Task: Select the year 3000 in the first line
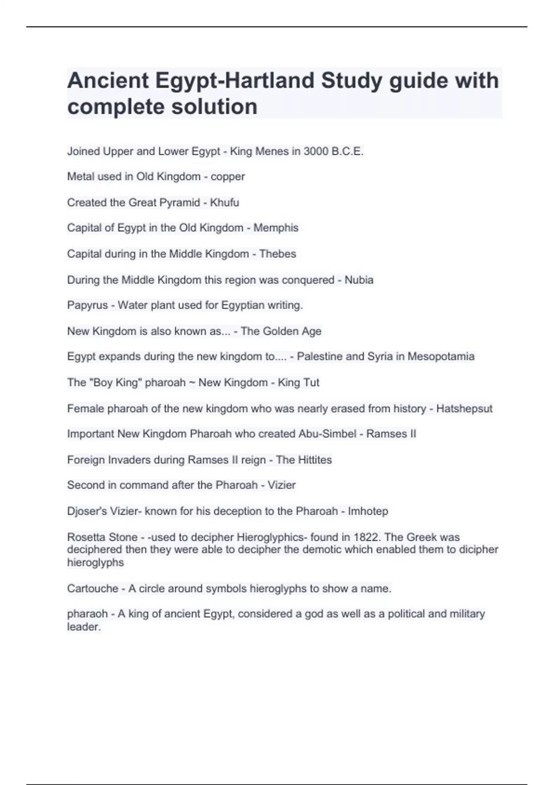pos(316,151)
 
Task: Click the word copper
pos(228,177)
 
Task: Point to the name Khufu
pos(224,202)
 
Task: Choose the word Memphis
pos(276,228)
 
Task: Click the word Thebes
pos(277,254)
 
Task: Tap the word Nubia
pos(359,280)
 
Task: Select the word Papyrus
pos(87,305)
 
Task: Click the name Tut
pos(311,382)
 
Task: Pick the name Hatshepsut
pos(464,409)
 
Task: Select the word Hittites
pos(314,460)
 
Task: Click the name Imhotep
pos(368,511)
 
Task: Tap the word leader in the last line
pos(83,627)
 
